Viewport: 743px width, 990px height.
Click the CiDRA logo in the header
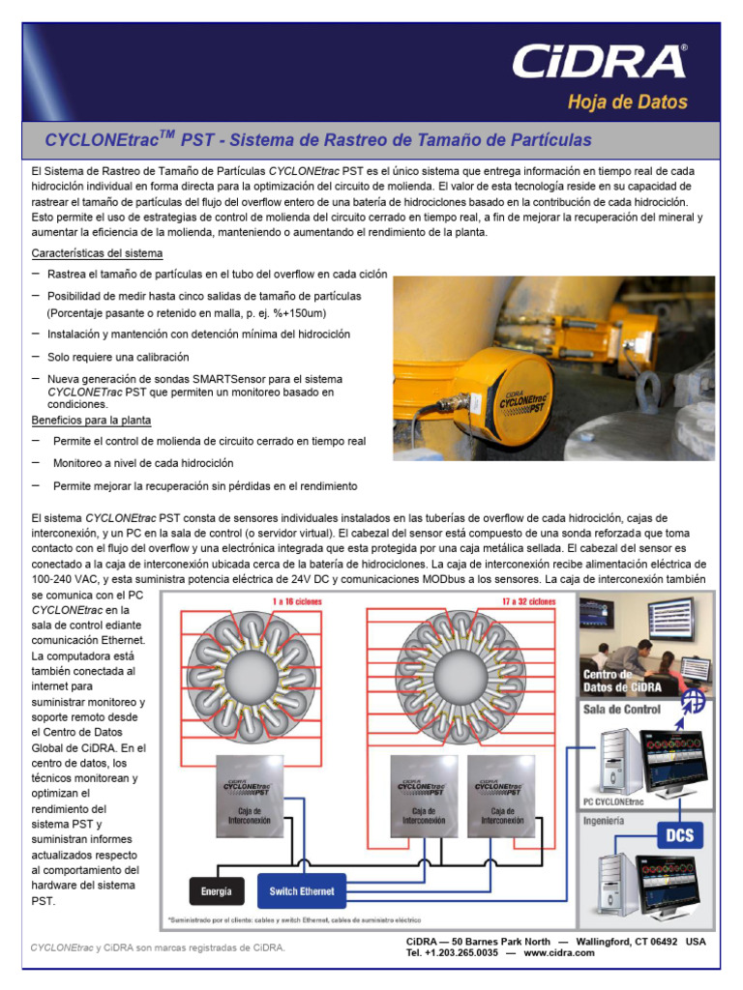pos(599,61)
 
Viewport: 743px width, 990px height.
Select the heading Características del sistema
pos(97,253)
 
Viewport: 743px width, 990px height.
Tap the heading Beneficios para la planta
pos(91,421)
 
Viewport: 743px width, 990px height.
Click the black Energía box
pos(216,890)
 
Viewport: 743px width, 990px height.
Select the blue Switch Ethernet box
pos(303,890)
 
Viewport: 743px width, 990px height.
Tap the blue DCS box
pos(679,834)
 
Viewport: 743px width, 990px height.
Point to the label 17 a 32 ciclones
pos(528,600)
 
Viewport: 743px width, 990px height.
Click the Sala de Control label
pos(622,709)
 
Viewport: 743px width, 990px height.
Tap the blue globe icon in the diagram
pos(693,701)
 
